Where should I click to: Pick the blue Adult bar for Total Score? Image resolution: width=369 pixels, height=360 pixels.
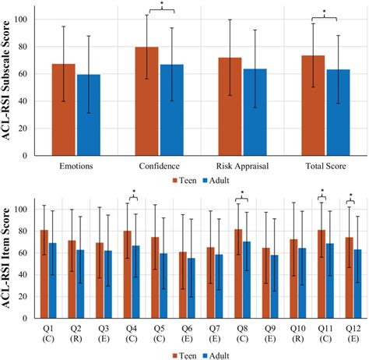tap(338, 112)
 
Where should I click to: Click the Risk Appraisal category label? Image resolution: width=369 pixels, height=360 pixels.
tap(242, 167)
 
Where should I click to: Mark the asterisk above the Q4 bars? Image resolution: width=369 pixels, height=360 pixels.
tap(133, 192)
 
